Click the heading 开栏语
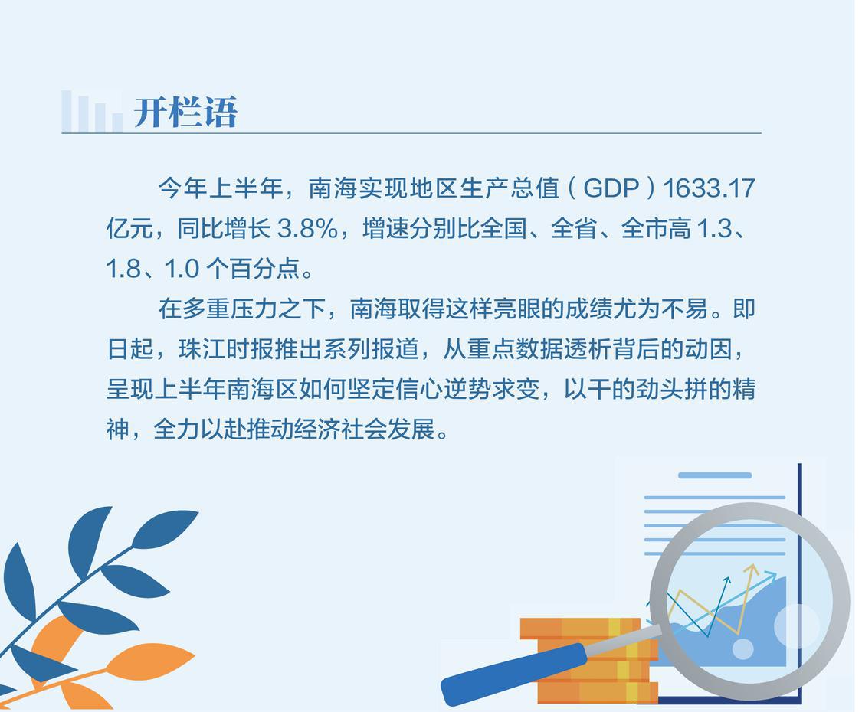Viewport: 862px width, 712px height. pos(185,113)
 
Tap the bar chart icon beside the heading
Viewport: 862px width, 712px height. pos(92,112)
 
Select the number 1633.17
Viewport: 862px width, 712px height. pos(709,188)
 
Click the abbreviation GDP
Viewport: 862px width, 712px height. pos(611,188)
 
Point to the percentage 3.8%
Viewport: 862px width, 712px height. pos(307,229)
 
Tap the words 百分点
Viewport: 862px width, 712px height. pos(265,269)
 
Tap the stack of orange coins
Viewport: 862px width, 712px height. pos(588,659)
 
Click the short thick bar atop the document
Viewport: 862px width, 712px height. pos(715,475)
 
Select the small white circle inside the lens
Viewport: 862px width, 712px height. pos(742,648)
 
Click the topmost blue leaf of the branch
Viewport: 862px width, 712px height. pos(165,528)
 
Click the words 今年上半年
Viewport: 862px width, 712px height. pos(220,188)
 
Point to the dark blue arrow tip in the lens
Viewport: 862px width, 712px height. pos(727,580)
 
